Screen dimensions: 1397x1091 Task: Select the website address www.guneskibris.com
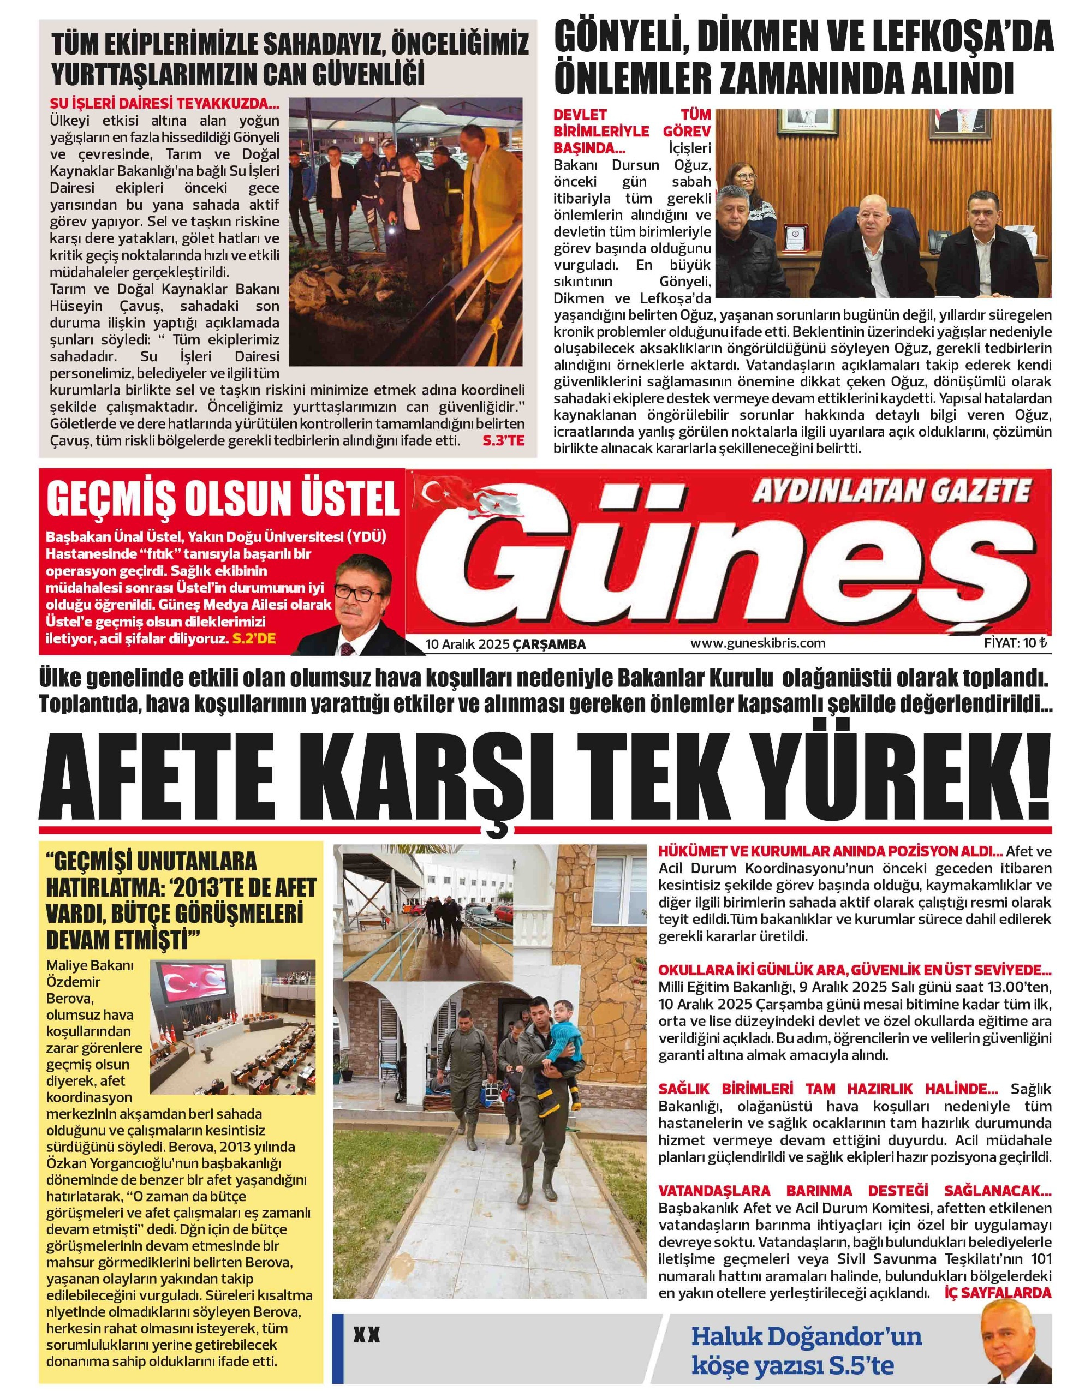coord(758,643)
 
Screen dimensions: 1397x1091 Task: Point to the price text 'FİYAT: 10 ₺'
coord(1016,643)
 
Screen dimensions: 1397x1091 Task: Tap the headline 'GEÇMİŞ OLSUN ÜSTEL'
coord(223,501)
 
